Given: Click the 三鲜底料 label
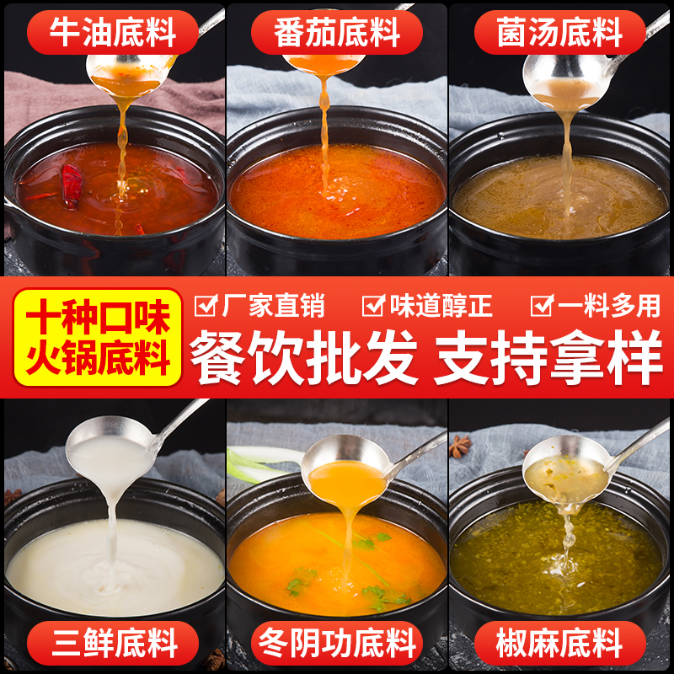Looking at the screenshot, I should pyautogui.click(x=113, y=645).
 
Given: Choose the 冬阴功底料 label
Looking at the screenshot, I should pyautogui.click(x=337, y=645).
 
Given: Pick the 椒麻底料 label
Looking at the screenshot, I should pyautogui.click(x=560, y=645).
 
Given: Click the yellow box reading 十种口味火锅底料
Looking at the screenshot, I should pyautogui.click(x=98, y=337).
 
